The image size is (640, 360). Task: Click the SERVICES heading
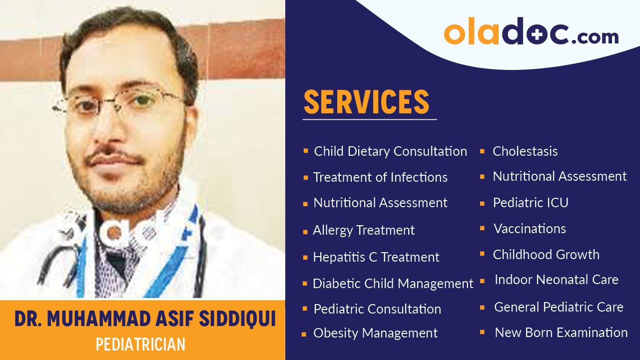pos(366,102)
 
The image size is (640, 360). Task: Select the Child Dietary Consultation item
pos(390,151)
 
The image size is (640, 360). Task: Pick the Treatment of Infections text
pos(380,177)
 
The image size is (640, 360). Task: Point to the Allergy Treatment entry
pos(364,230)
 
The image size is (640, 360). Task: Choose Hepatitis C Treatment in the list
pos(376,257)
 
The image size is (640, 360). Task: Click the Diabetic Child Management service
pos(393,284)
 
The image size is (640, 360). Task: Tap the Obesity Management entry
pos(375,333)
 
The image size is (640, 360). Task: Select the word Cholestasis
pos(525,151)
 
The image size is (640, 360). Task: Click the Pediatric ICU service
pos(531,203)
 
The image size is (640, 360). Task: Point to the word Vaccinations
pos(530,229)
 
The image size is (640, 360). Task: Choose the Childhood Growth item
pos(546,255)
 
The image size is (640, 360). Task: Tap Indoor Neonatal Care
pos(556,280)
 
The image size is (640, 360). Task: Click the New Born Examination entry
pos(561,333)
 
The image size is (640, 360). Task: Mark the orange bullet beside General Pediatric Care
pos(482,307)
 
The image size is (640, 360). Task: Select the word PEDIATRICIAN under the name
pos(140,345)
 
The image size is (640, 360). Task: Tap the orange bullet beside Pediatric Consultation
pos(305,309)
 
